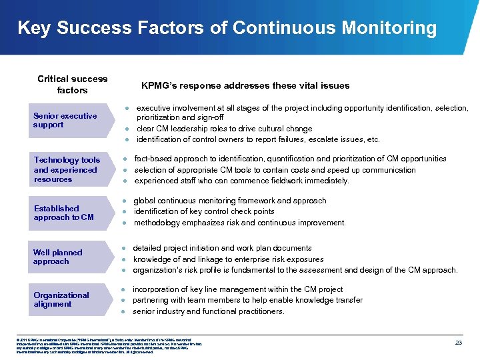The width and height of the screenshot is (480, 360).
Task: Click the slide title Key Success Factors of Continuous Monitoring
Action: (227, 28)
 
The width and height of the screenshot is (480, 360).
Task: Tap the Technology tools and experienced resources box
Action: (67, 169)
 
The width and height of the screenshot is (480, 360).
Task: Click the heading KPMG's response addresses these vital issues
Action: (245, 85)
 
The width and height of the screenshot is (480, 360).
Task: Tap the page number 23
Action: (458, 342)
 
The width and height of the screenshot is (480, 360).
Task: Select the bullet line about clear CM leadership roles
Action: (224, 129)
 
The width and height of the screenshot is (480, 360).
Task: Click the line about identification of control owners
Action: (257, 139)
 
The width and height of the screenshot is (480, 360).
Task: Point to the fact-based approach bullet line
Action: (281, 159)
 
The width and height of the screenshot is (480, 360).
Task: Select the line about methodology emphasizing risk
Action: (240, 223)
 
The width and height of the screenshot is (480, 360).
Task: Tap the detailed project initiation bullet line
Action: (222, 248)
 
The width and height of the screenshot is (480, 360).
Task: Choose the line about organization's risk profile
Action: (295, 270)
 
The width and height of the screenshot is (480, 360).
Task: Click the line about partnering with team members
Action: (247, 300)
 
